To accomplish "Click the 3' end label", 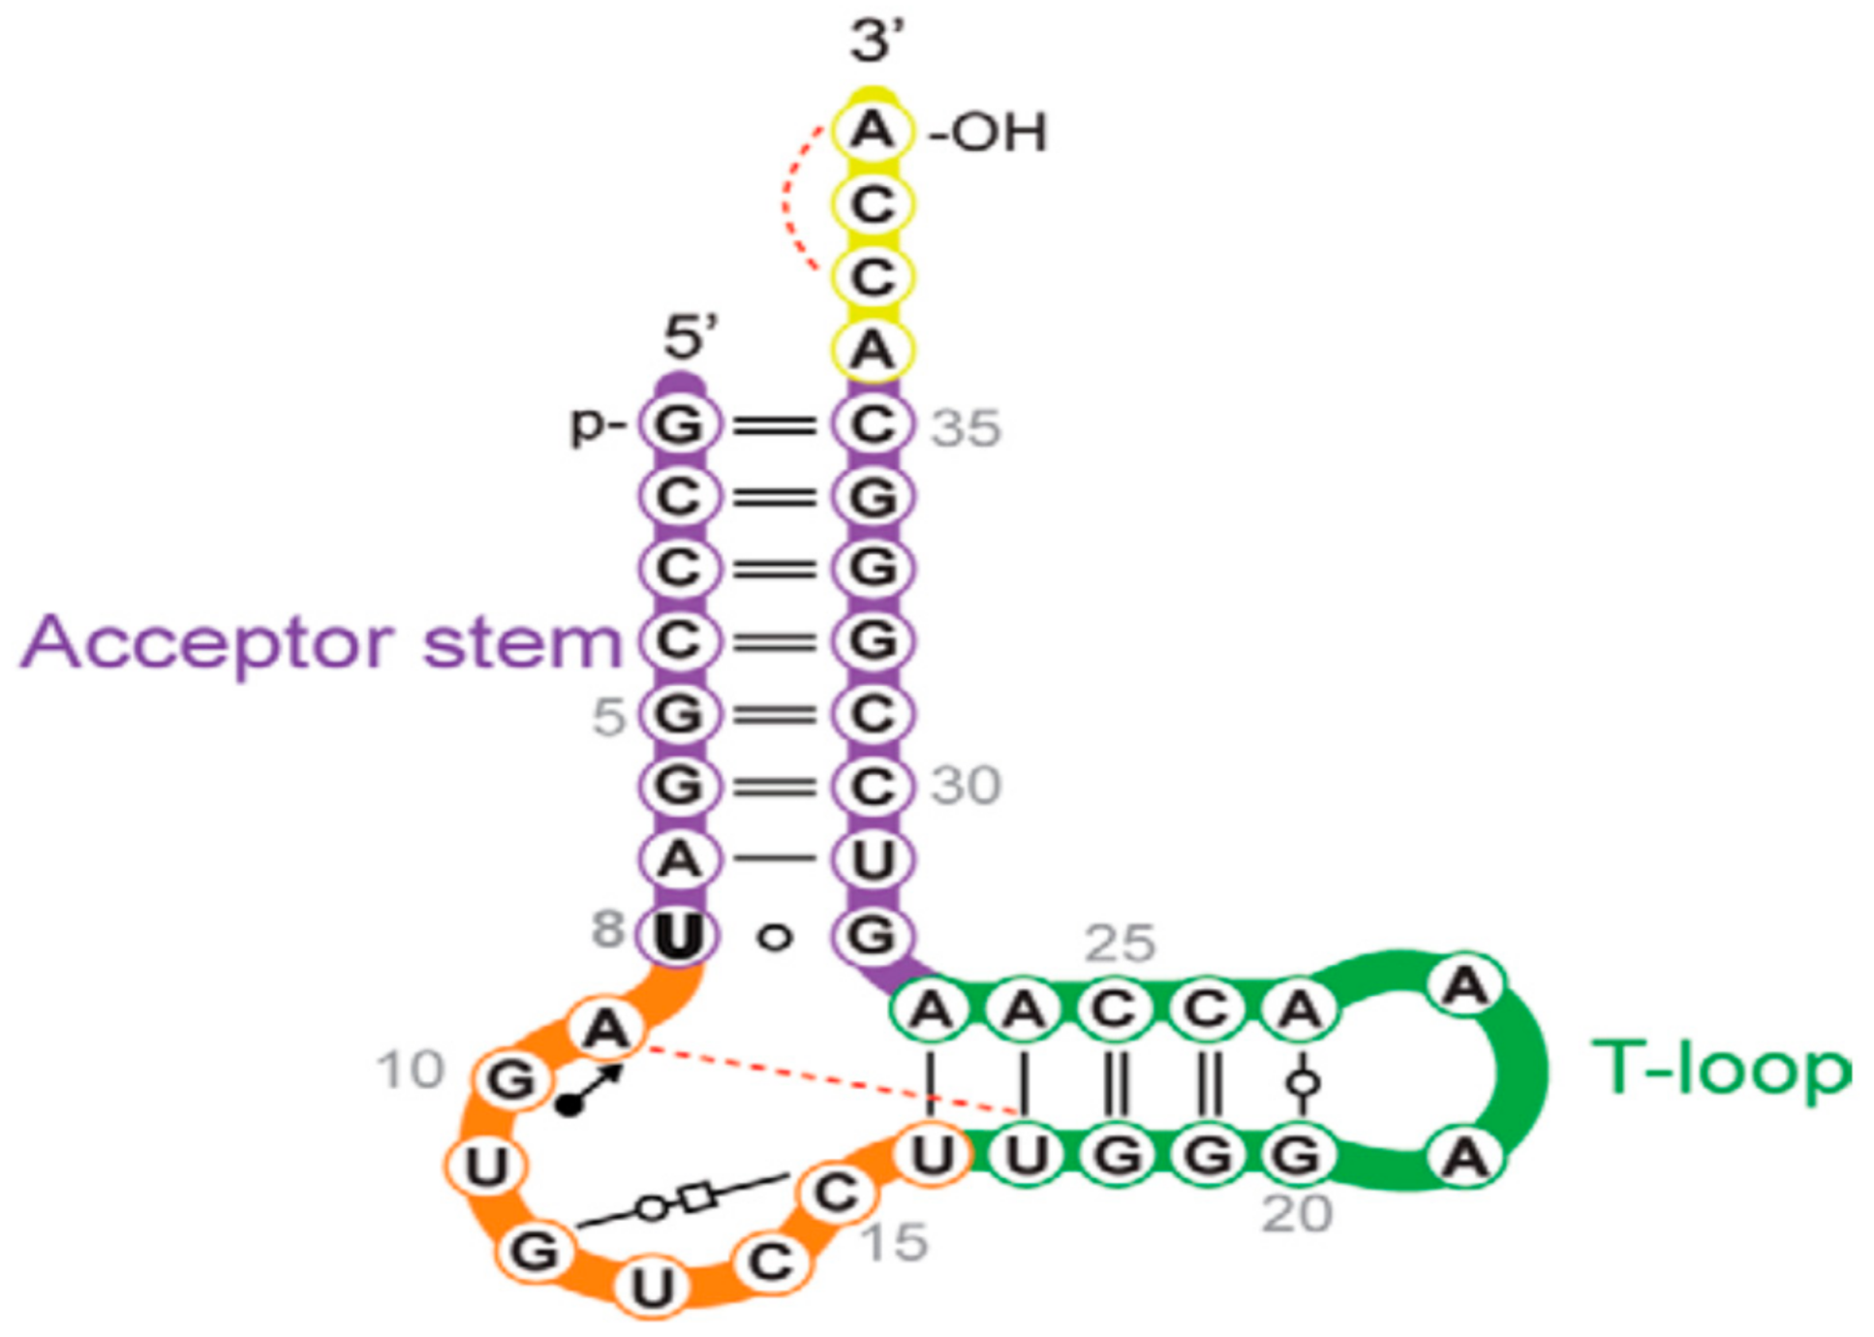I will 876,41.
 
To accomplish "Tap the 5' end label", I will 690,337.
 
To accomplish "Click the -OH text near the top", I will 989,132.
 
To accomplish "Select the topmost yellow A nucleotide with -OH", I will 873,130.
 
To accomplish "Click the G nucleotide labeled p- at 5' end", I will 679,424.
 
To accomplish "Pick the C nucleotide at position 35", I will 873,424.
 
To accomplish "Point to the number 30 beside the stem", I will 966,785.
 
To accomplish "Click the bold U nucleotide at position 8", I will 678,935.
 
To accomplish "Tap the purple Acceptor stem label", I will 320,642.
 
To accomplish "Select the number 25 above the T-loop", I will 1120,943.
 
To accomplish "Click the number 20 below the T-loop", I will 1297,1213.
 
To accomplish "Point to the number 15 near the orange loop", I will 895,1242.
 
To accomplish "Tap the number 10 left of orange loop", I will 411,1071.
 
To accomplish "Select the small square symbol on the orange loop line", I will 697,1197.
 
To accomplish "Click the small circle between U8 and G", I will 775,937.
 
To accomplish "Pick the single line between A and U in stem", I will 775,857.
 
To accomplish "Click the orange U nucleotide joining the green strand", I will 932,1155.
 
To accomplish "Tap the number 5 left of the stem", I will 609,717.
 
